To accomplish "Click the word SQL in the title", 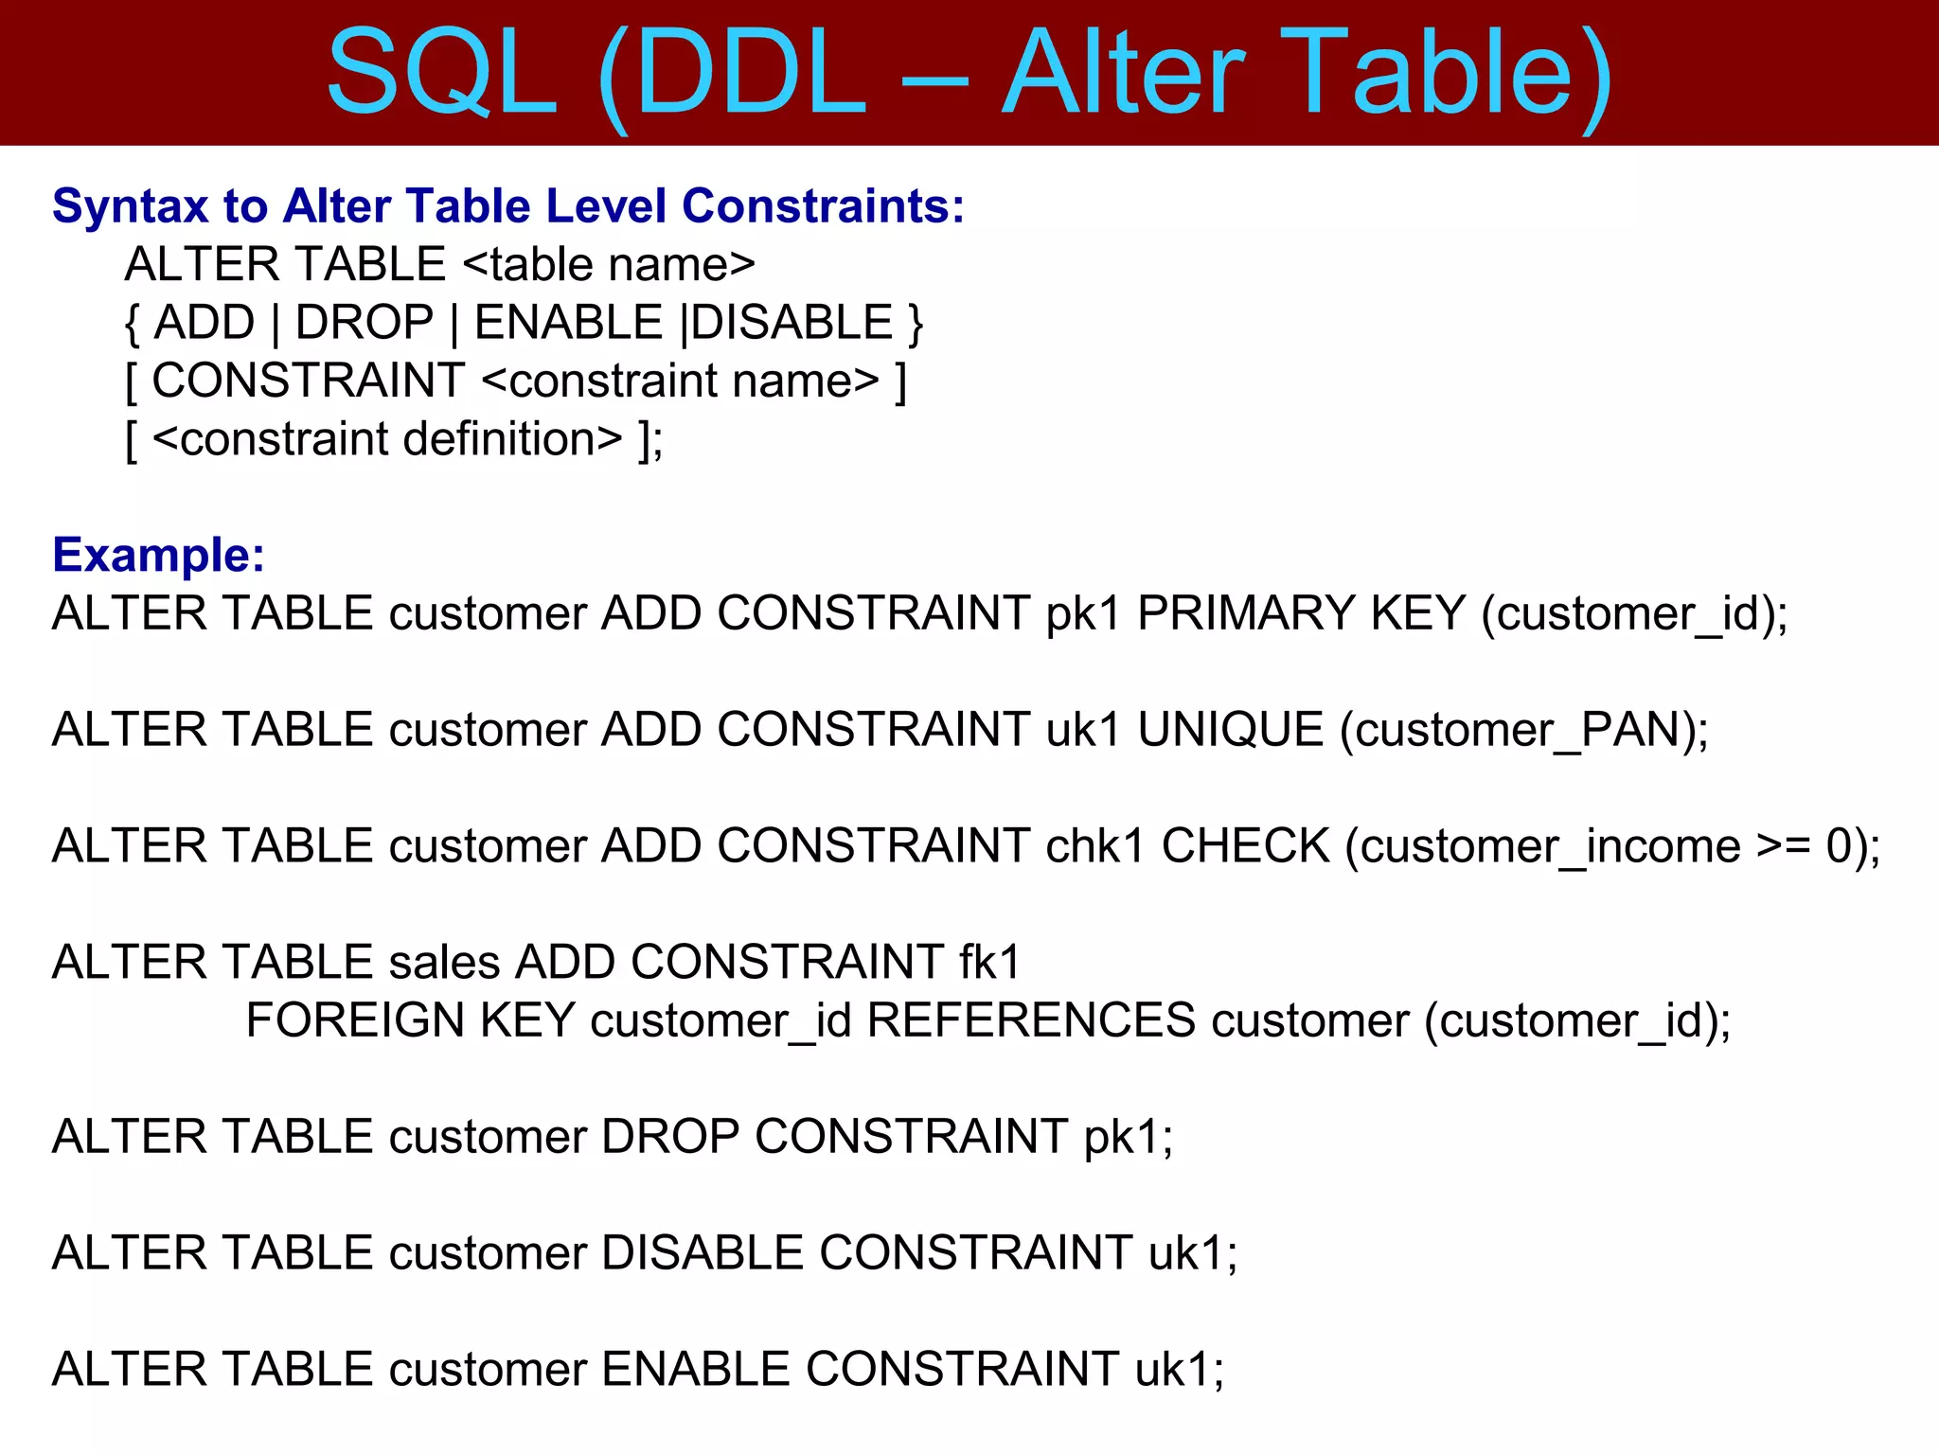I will pyautogui.click(x=441, y=74).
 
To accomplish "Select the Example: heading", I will pyautogui.click(x=158, y=555).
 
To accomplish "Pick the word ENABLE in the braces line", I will pyautogui.click(x=568, y=323).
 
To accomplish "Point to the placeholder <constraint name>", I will pyautogui.click(x=681, y=381).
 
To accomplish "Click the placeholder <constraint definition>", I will pyautogui.click(x=387, y=440).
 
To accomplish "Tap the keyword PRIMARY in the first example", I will pyautogui.click(x=1246, y=613).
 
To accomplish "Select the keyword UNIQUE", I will pyautogui.click(x=1230, y=730).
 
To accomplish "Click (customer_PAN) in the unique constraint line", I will pyautogui.click(x=1522, y=730).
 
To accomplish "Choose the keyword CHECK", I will pyautogui.click(x=1245, y=846).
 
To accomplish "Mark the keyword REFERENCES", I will pyautogui.click(x=1031, y=1020).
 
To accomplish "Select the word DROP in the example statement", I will pyautogui.click(x=669, y=1137).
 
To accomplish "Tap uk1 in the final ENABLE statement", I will pyautogui.click(x=1179, y=1370).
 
